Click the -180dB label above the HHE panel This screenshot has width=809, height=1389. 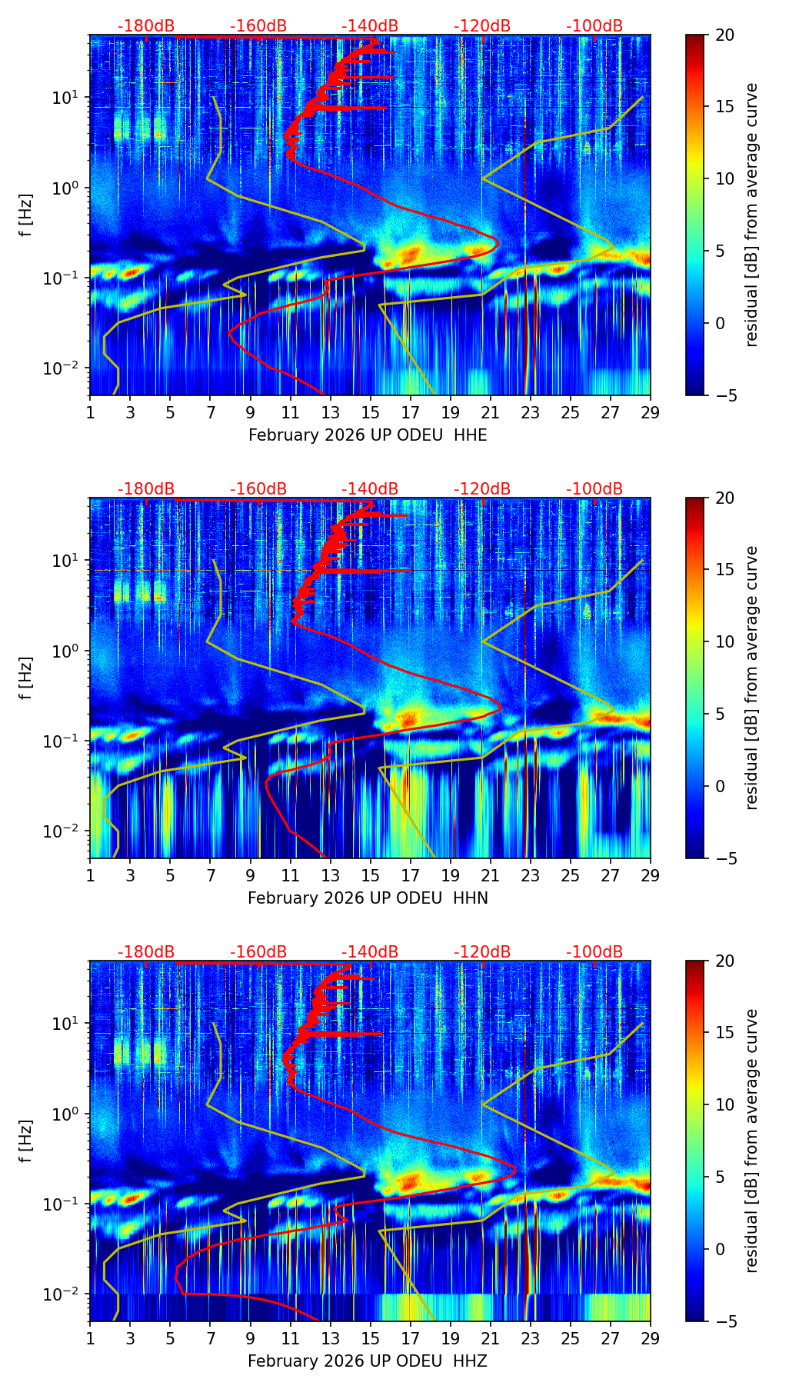(146, 26)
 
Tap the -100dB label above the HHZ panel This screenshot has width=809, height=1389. (594, 952)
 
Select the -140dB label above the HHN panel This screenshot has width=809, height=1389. (370, 489)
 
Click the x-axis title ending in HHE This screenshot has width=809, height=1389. (368, 435)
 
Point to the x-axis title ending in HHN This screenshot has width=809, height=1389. (368, 898)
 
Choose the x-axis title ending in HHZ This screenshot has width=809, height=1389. (368, 1361)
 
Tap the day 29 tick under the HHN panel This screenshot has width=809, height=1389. (651, 874)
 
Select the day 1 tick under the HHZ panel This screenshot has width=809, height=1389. (91, 1337)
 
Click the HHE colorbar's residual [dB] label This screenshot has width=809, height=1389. (751, 215)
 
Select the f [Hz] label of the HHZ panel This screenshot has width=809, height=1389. (25, 1141)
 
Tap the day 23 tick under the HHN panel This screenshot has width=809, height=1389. (531, 874)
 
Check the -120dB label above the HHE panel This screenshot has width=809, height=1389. (482, 26)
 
